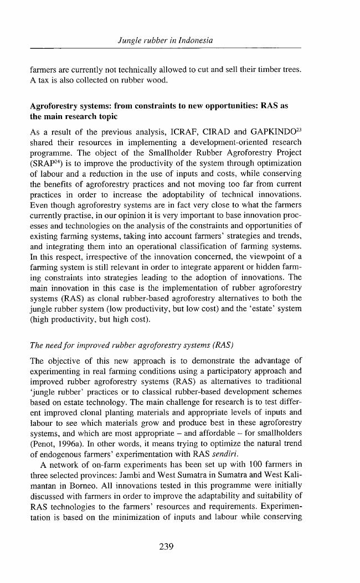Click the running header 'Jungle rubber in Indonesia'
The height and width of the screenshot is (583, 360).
[166, 41]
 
